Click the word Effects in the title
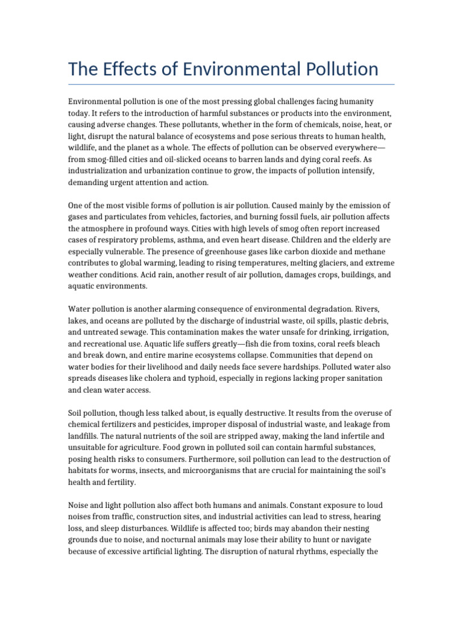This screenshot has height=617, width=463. point(133,69)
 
